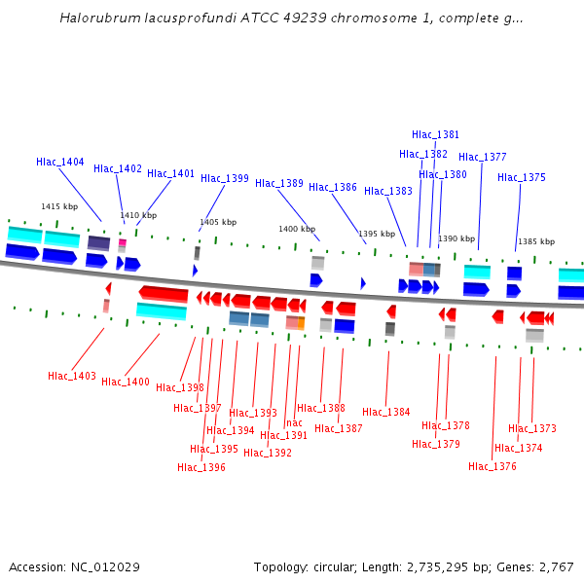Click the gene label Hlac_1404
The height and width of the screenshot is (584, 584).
click(x=60, y=162)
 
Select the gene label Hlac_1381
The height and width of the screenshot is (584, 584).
click(x=435, y=134)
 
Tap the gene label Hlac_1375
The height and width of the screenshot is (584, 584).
click(x=522, y=177)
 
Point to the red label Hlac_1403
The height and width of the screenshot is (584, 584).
click(x=72, y=376)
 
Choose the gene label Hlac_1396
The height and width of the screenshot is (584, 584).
click(x=201, y=467)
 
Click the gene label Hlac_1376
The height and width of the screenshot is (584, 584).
click(x=493, y=466)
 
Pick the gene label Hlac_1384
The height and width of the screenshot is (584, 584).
click(x=386, y=412)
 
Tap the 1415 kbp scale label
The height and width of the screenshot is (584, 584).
click(x=59, y=206)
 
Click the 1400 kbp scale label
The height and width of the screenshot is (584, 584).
click(x=297, y=229)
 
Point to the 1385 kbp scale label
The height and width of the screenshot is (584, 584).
click(x=535, y=241)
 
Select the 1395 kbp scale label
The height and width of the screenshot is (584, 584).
click(x=376, y=234)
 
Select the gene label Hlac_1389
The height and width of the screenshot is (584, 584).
click(x=279, y=183)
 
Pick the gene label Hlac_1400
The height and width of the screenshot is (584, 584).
click(x=126, y=382)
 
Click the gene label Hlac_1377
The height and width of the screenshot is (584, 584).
click(x=483, y=157)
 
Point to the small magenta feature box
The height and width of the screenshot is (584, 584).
click(x=123, y=242)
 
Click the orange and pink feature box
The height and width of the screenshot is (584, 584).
click(x=295, y=322)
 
